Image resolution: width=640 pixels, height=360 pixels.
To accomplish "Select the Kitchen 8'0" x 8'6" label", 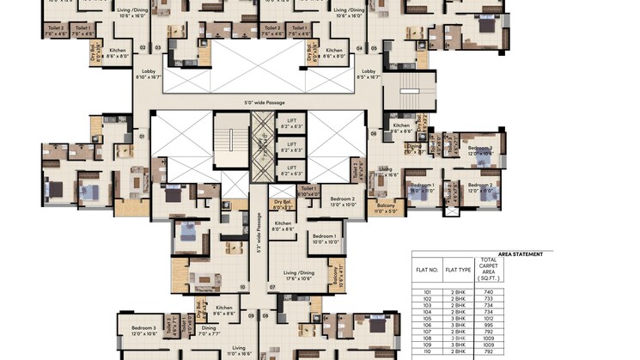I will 283,225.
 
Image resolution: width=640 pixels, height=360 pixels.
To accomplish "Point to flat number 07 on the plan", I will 272,286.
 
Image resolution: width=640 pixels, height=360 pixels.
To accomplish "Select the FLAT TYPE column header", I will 457,269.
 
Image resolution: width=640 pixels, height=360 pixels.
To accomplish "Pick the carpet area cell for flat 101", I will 488,292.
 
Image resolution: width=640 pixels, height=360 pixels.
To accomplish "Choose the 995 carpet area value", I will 488,325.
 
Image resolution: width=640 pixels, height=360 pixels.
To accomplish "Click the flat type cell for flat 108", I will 457,339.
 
